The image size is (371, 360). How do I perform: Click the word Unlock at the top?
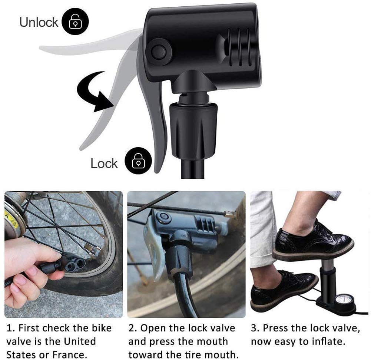(39, 22)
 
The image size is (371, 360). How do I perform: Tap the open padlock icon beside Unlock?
(75, 22)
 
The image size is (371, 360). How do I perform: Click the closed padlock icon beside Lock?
(138, 161)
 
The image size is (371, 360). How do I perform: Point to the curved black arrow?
(95, 92)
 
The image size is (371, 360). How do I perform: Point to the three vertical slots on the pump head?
(239, 47)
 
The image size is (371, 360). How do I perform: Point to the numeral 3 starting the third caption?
(254, 328)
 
